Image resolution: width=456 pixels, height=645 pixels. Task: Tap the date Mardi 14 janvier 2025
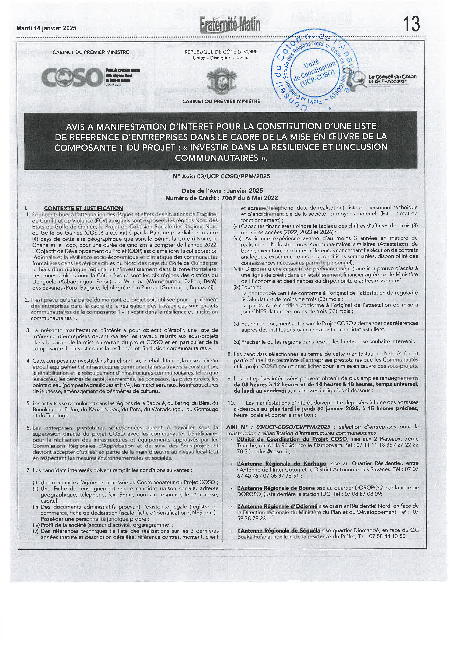pos(46,28)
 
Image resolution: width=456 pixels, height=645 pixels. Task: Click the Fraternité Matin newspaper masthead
pos(230,24)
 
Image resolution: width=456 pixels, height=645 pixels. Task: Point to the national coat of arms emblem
pos(221,83)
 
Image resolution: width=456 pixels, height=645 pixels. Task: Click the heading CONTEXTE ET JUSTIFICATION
pos(83,208)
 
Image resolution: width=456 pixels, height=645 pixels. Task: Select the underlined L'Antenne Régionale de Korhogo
pos(282,464)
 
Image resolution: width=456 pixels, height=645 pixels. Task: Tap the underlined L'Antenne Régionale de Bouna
pos(276,488)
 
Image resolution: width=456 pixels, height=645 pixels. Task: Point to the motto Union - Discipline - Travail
pos(221,58)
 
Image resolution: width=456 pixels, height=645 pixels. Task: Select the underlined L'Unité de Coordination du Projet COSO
pos(292,439)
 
